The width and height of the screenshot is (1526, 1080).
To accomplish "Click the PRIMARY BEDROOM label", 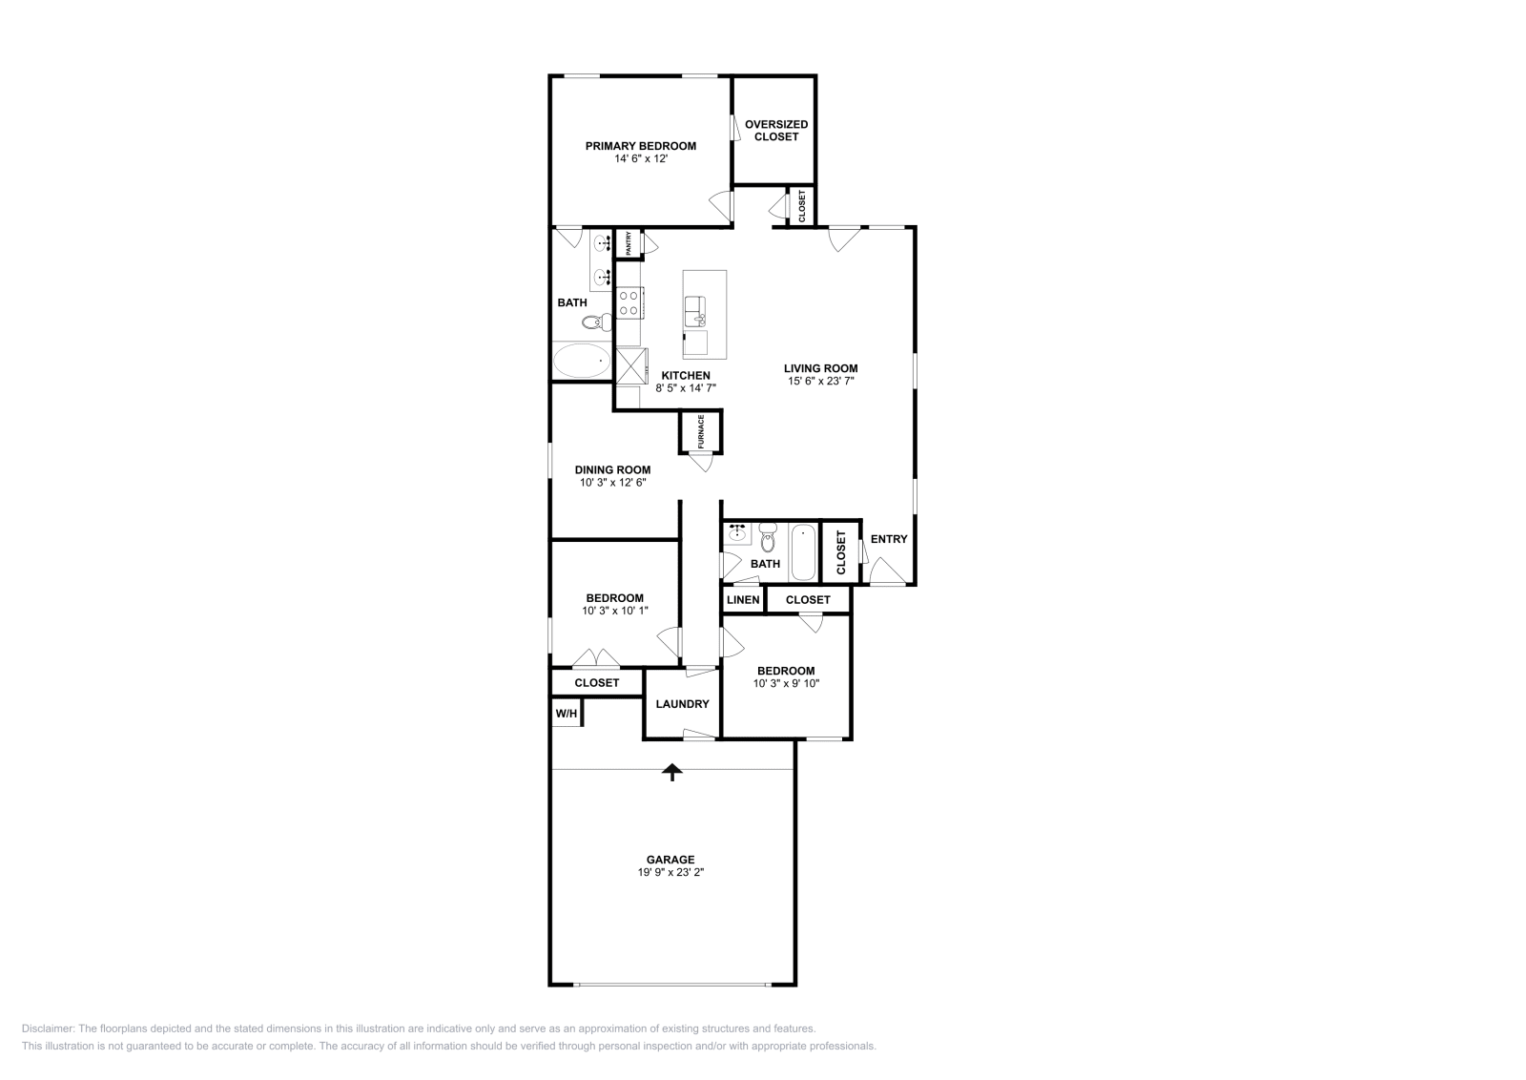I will tap(640, 146).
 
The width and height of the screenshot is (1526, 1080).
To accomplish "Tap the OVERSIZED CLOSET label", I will tap(775, 130).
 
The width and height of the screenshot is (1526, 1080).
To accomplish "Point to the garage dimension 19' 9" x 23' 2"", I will tap(671, 872).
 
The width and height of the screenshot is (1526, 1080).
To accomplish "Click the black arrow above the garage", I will tap(673, 771).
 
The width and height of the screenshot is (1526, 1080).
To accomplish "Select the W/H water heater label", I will tap(566, 714).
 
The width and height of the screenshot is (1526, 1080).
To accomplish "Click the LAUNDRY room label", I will tap(682, 704).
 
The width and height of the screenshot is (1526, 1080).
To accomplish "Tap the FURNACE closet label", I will tap(700, 431).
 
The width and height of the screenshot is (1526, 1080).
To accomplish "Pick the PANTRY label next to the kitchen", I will tap(629, 243).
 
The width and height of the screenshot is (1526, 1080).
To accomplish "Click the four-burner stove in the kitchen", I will tap(629, 303).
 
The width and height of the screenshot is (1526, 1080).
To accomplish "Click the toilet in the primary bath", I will tap(597, 322).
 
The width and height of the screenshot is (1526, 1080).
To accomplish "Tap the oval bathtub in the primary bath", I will tap(582, 362).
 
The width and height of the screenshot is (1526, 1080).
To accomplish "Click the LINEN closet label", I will tap(743, 599).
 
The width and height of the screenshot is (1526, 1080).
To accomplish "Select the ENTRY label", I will tap(889, 539).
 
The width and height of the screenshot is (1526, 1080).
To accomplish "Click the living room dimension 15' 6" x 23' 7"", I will tap(820, 382).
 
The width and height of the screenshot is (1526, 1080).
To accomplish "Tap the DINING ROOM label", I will tap(612, 469).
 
